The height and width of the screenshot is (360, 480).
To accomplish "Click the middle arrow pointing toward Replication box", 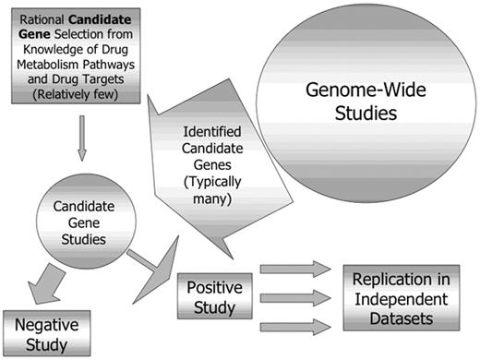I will (x=295, y=298).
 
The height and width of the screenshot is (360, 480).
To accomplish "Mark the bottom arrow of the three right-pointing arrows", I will (x=295, y=326).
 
